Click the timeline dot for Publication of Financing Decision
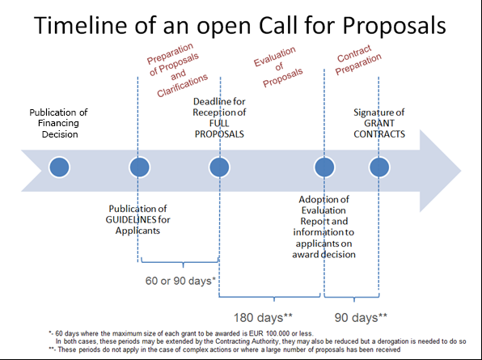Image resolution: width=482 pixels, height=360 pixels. (x=59, y=167)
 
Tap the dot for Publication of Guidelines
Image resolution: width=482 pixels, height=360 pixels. (x=140, y=167)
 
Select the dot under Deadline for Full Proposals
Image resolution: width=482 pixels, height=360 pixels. (x=219, y=167)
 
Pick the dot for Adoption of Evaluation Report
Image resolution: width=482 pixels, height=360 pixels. (x=324, y=167)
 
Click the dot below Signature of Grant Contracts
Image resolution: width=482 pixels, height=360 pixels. (x=379, y=167)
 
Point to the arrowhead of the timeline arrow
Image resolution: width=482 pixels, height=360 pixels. (x=461, y=171)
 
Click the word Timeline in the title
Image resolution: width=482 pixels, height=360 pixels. (x=80, y=25)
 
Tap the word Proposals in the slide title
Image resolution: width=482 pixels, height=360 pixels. (x=394, y=26)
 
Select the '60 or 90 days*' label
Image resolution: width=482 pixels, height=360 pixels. (x=180, y=281)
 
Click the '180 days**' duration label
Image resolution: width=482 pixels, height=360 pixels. (x=263, y=317)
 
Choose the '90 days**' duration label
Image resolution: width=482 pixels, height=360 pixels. (x=361, y=317)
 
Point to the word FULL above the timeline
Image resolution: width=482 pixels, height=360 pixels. (x=219, y=123)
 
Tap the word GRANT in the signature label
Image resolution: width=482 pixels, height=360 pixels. (x=379, y=123)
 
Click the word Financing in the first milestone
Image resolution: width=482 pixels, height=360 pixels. (x=58, y=123)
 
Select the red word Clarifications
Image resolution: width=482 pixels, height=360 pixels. (x=182, y=86)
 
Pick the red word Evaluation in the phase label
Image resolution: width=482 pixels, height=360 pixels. (x=274, y=57)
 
